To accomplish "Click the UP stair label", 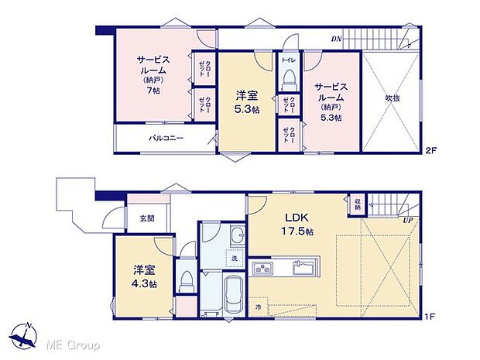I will point(406,220).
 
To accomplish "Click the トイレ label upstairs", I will point(288,59).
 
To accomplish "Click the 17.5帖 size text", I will point(297,231).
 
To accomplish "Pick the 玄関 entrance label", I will point(147,218).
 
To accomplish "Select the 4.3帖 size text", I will point(143,284).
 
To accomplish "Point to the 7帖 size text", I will point(152,91).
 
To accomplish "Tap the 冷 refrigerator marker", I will point(259,307).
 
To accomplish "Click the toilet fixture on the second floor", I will point(289,79).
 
